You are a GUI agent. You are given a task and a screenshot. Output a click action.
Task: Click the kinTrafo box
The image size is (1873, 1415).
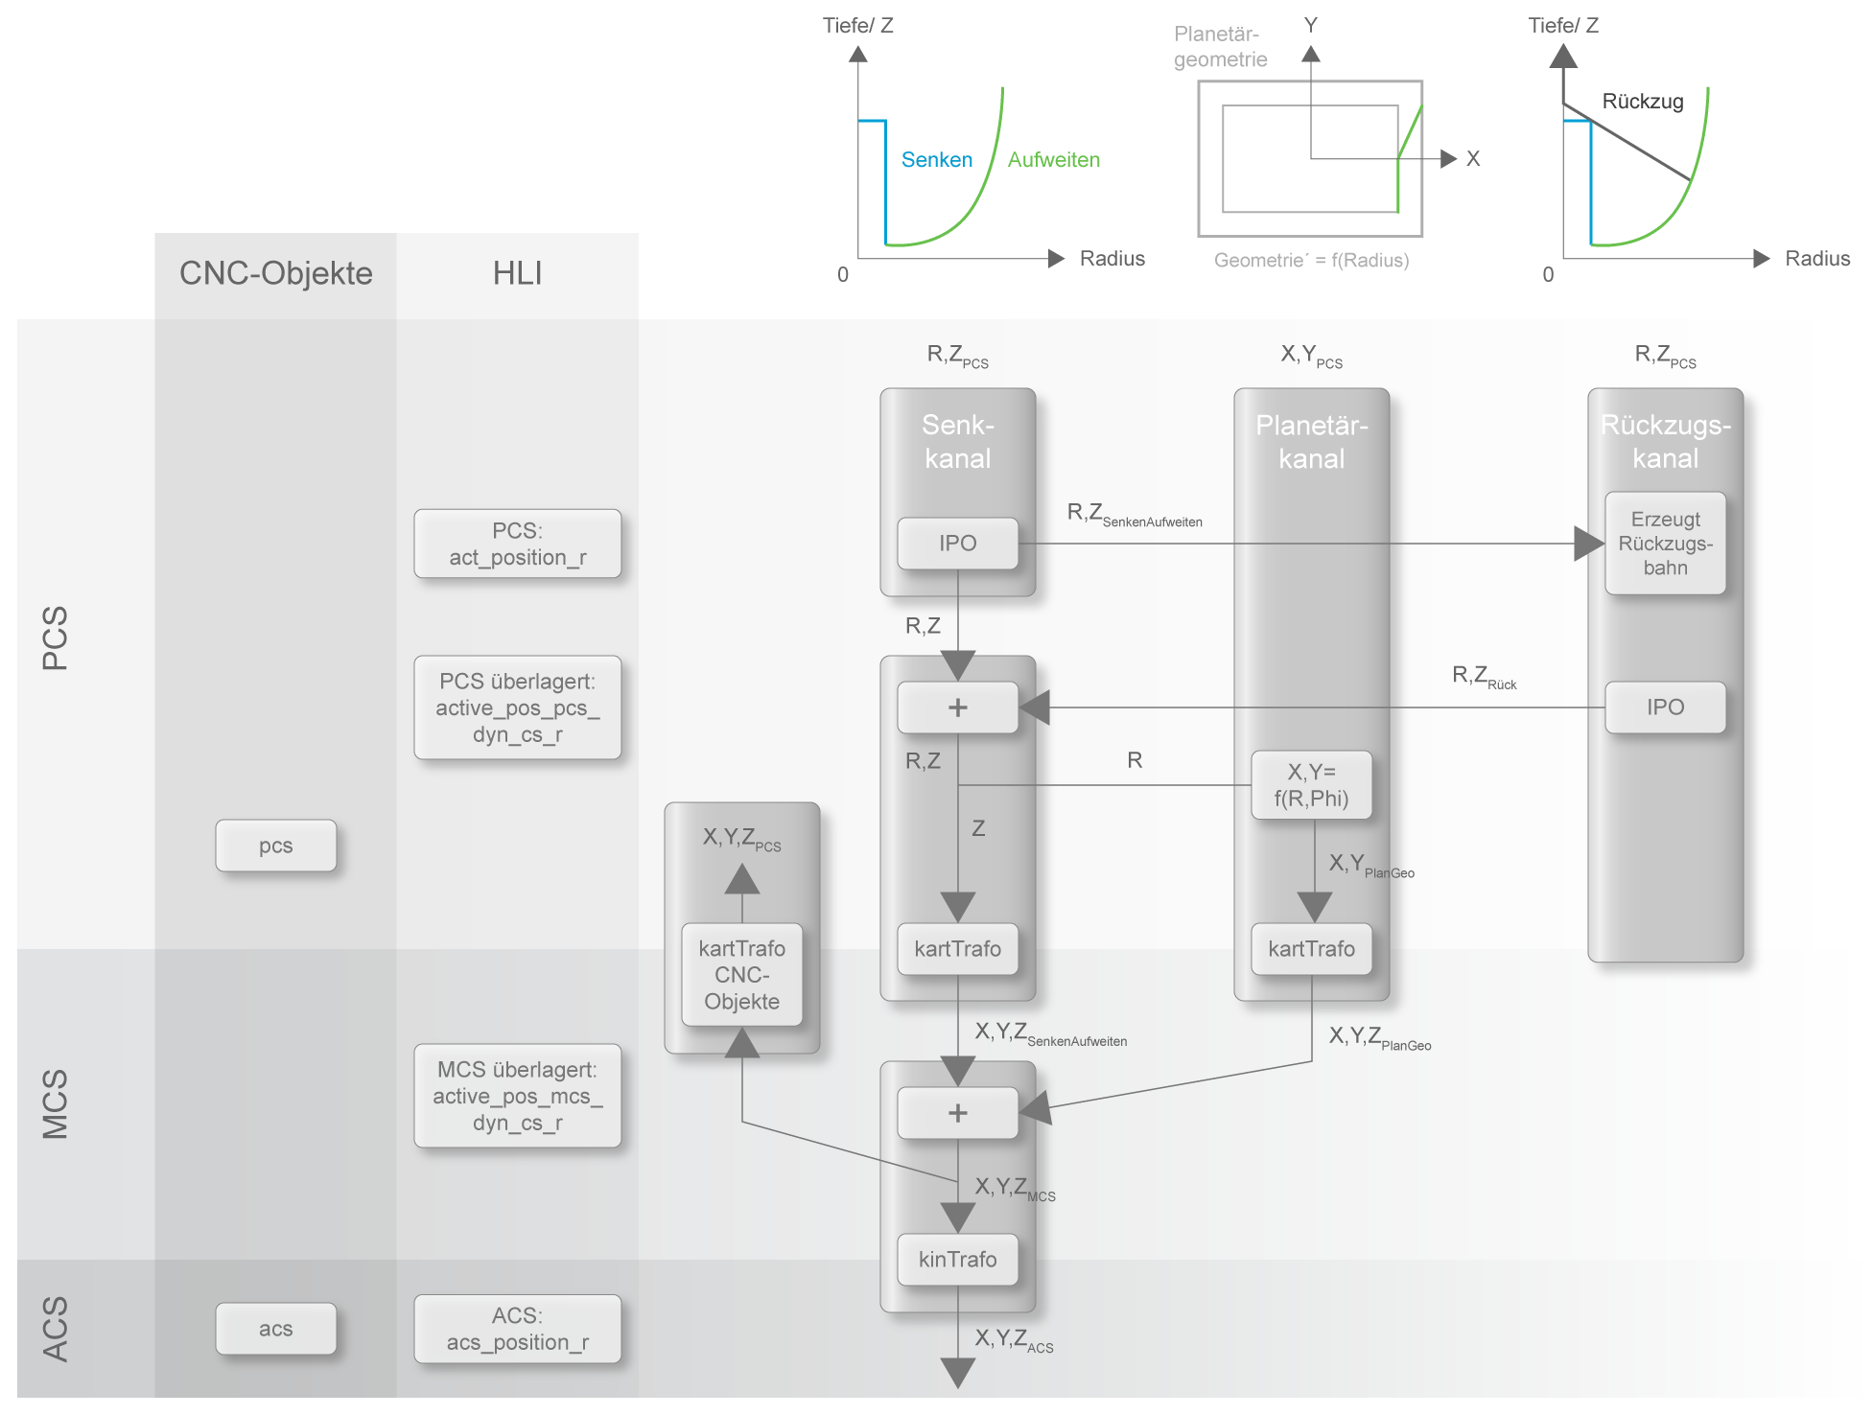tap(957, 1259)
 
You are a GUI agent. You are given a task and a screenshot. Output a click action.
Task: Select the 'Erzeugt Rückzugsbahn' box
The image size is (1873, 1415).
tap(1665, 544)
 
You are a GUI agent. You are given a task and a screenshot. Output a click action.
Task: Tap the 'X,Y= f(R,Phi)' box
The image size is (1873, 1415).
tap(1311, 785)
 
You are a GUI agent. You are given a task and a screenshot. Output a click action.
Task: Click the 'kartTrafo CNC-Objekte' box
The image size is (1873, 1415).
tap(741, 974)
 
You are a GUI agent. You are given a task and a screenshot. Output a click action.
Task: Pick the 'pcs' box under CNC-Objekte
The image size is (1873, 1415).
tap(275, 846)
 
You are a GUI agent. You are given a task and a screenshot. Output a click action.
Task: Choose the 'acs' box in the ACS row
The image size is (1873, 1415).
tap(275, 1329)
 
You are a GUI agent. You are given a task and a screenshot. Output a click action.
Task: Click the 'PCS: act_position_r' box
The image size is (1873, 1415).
tap(517, 544)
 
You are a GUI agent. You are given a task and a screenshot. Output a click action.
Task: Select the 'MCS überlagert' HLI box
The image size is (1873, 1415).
tap(517, 1096)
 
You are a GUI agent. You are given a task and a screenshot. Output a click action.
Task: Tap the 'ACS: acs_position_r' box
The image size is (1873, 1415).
tap(517, 1329)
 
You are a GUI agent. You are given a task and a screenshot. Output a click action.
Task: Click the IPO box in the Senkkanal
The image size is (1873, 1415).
tap(957, 544)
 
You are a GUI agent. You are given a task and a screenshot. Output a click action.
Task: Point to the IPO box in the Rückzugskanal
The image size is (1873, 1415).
tap(1665, 707)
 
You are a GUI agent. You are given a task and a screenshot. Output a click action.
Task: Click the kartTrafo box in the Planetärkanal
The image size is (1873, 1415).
tap(1311, 949)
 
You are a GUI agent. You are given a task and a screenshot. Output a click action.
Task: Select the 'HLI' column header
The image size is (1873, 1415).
tap(517, 273)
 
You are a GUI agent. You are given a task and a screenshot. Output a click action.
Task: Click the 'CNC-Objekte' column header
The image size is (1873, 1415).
tap(275, 273)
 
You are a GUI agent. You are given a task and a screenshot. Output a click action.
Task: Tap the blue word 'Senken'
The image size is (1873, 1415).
tap(936, 160)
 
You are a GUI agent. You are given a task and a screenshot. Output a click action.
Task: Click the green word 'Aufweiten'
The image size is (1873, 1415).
tap(1053, 160)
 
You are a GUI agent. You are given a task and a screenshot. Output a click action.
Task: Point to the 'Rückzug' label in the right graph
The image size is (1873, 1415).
tap(1642, 102)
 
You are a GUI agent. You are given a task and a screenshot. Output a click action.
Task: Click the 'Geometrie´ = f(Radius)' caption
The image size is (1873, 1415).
tap(1311, 260)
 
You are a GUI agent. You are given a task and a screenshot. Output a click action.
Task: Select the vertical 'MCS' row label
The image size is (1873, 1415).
tap(55, 1104)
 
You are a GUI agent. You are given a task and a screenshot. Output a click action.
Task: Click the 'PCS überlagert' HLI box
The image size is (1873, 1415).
tap(517, 707)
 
